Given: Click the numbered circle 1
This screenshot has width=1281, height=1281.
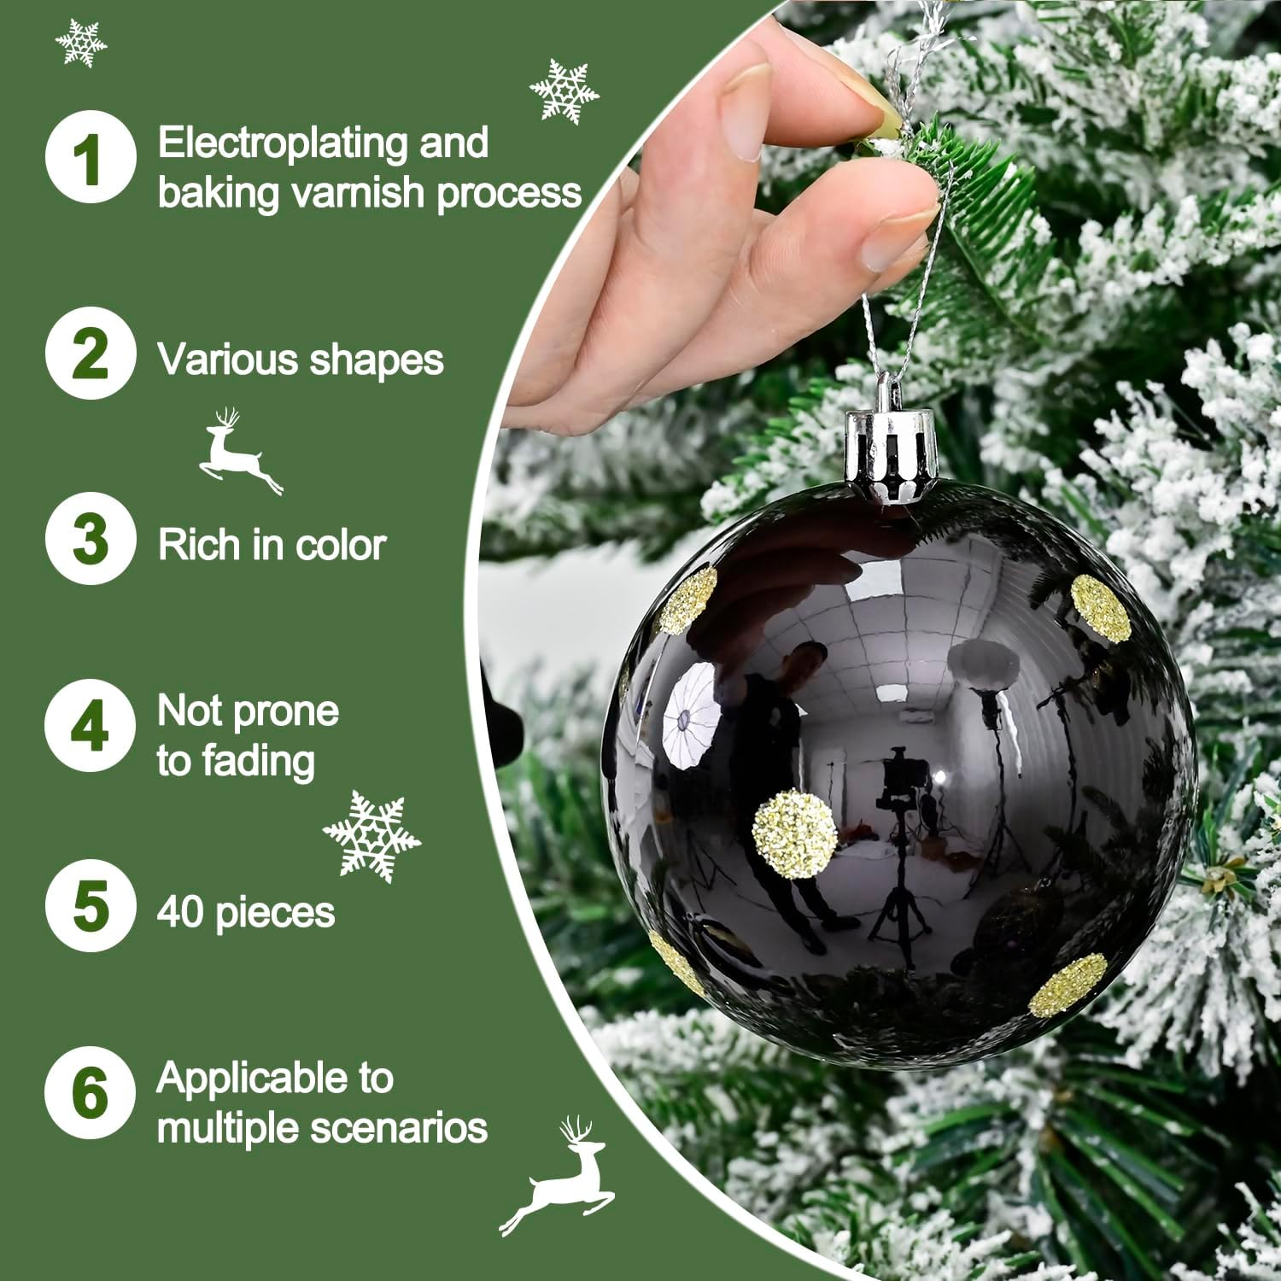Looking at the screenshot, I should (90, 158).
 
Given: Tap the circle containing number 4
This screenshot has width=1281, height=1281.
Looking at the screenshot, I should (90, 726).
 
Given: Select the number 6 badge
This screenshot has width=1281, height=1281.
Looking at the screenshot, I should (90, 1092).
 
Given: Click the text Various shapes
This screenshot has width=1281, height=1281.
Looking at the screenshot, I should (300, 360).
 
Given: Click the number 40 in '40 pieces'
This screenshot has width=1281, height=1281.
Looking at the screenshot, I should (181, 911).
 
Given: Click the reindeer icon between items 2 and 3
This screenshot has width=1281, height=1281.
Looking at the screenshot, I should (239, 450).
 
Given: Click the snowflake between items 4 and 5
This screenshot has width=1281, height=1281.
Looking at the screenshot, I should (371, 835).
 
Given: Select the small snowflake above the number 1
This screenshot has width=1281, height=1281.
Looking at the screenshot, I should (81, 41).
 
